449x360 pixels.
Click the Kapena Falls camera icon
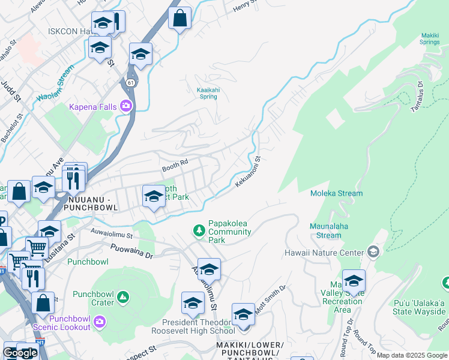click(126, 106)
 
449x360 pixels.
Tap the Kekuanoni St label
click(248, 172)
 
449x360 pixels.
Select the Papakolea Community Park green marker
click(199, 230)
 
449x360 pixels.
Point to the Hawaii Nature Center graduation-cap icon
click(374, 250)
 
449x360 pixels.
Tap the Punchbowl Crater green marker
click(122, 296)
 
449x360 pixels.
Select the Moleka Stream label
click(336, 193)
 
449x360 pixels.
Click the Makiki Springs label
click(430, 39)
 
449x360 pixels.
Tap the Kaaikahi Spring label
click(208, 93)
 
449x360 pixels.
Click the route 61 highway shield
click(130, 82)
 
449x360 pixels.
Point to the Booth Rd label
click(175, 162)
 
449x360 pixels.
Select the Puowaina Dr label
click(133, 251)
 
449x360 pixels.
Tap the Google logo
click(20, 353)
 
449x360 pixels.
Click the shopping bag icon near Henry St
click(179, 19)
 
